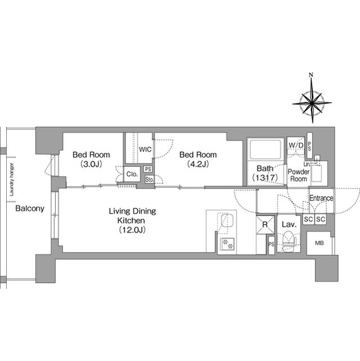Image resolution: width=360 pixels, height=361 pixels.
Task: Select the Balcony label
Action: [x=30, y=209]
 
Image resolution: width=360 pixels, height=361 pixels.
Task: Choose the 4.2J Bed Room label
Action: [x=198, y=160]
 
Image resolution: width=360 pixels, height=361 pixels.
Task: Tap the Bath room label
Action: [x=265, y=173]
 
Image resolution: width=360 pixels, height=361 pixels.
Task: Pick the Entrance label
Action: [x=321, y=199]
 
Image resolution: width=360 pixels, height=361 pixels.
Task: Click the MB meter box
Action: [x=319, y=243]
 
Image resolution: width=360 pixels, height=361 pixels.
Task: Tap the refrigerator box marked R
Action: [x=264, y=225]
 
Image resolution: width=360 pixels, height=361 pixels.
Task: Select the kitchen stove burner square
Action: [x=228, y=244]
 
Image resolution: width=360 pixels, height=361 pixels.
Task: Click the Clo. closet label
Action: [x=132, y=174]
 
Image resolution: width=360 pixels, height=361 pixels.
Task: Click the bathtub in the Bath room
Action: [x=265, y=151]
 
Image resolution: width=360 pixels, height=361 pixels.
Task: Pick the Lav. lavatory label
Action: [x=288, y=224]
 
